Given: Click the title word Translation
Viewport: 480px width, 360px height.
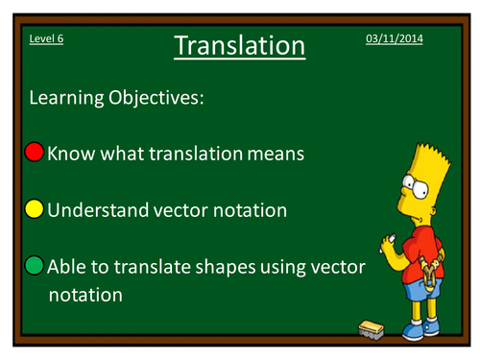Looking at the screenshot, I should tap(240, 45).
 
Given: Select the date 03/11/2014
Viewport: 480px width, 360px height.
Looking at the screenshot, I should tap(394, 37).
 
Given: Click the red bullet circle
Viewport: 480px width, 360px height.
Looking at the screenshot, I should tap(35, 152).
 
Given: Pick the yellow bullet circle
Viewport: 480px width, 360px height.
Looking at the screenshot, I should tap(35, 209).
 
